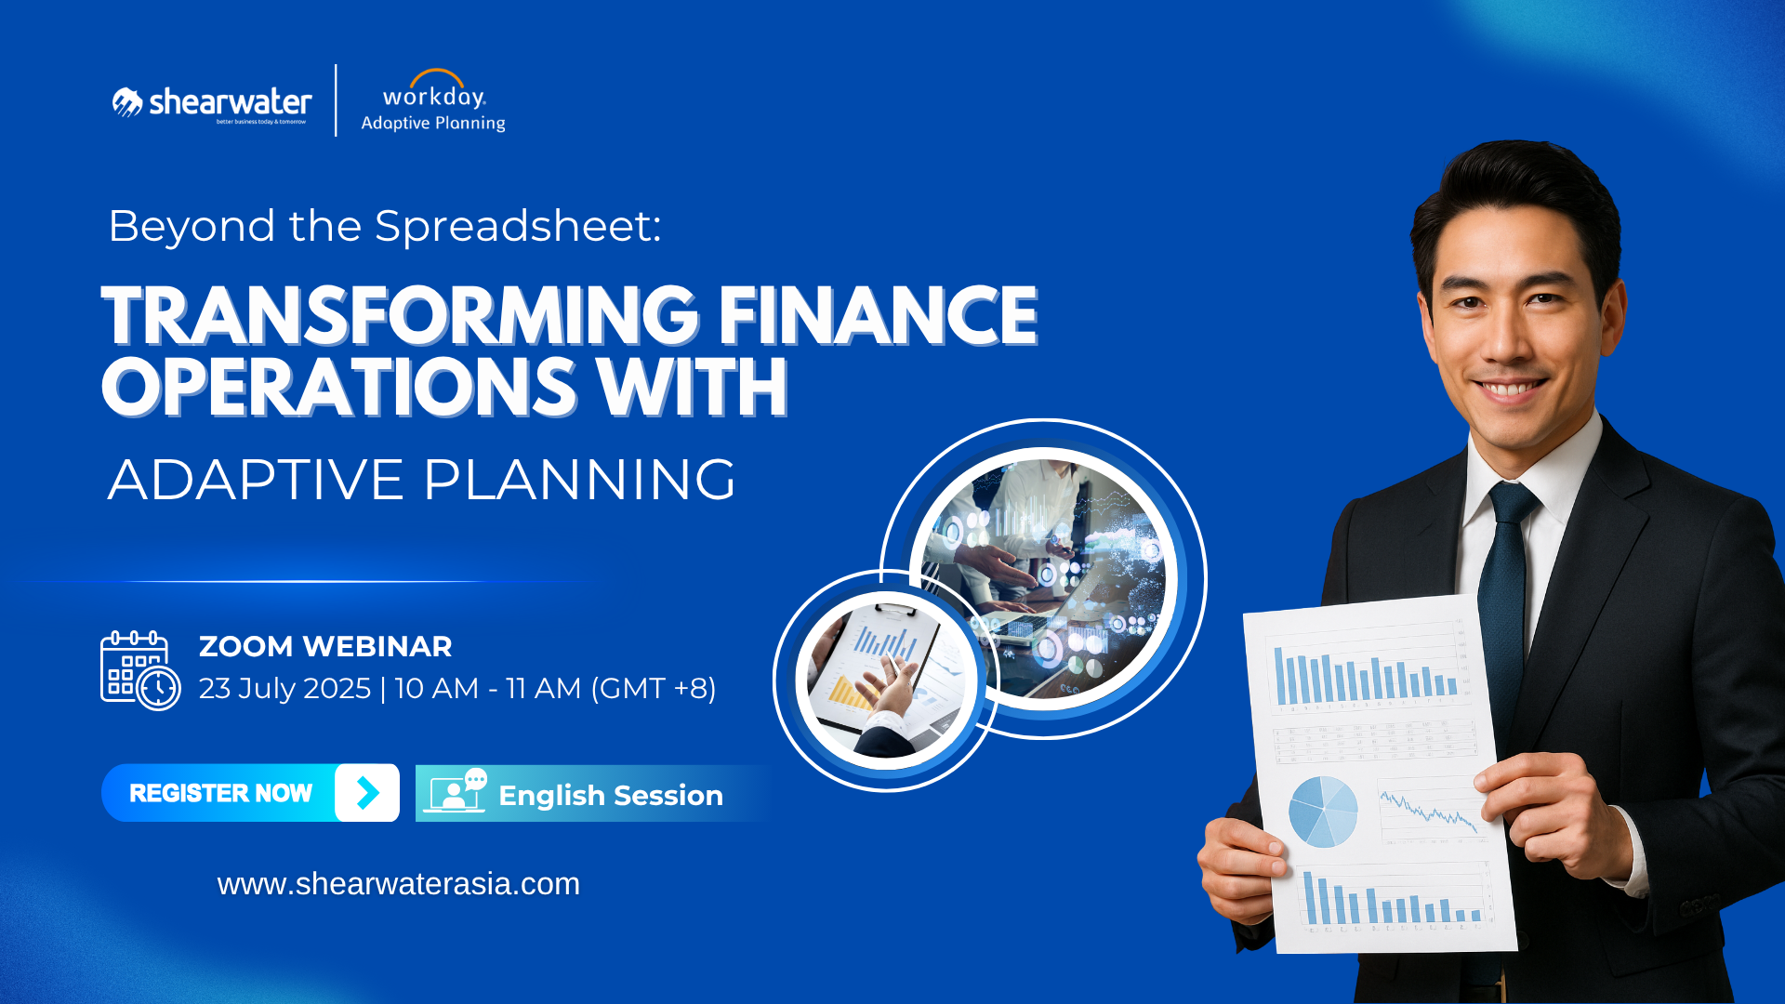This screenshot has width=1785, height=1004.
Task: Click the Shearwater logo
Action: [x=212, y=103]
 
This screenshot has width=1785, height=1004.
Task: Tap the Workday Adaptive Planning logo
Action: [x=433, y=102]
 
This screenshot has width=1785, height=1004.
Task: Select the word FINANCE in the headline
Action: [x=877, y=316]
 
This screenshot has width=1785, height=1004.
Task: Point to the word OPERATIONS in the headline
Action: [x=339, y=388]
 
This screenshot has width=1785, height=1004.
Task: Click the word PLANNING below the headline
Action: [x=579, y=480]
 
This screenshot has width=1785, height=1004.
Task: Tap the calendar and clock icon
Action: [x=139, y=670]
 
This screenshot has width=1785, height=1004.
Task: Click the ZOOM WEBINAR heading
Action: [x=325, y=646]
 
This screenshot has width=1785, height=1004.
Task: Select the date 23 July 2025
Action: [x=284, y=689]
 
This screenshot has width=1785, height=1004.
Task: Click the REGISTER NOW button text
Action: [x=220, y=793]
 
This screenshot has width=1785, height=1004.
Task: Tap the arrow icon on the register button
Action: [x=367, y=793]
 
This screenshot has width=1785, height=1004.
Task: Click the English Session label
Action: [x=610, y=796]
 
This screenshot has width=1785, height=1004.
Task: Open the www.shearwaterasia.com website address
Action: [x=398, y=884]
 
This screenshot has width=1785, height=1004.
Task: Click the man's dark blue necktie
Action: [x=1504, y=576]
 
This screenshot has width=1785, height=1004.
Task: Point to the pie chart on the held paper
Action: [x=1322, y=812]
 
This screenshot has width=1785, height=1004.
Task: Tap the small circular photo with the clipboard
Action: [x=885, y=680]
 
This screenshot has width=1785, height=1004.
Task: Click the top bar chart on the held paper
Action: [x=1365, y=675]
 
